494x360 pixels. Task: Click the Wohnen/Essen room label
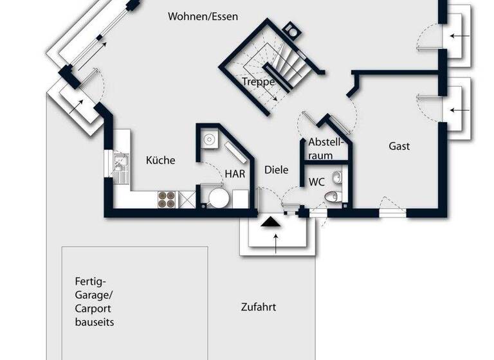coord(203,17)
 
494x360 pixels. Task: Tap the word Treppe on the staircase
coord(259,82)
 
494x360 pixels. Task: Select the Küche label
coord(160,160)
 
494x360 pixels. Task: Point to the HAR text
coord(235,173)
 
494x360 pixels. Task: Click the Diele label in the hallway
coord(277,170)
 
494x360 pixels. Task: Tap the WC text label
coord(316,182)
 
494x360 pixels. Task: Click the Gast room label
coord(399,146)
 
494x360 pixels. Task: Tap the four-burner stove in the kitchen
coord(167,199)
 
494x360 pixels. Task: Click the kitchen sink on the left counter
coord(120,166)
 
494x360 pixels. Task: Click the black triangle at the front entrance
coord(271,222)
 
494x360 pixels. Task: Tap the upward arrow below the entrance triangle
coord(276,242)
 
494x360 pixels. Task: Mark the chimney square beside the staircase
coord(291,30)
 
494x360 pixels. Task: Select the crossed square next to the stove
coord(187,199)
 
